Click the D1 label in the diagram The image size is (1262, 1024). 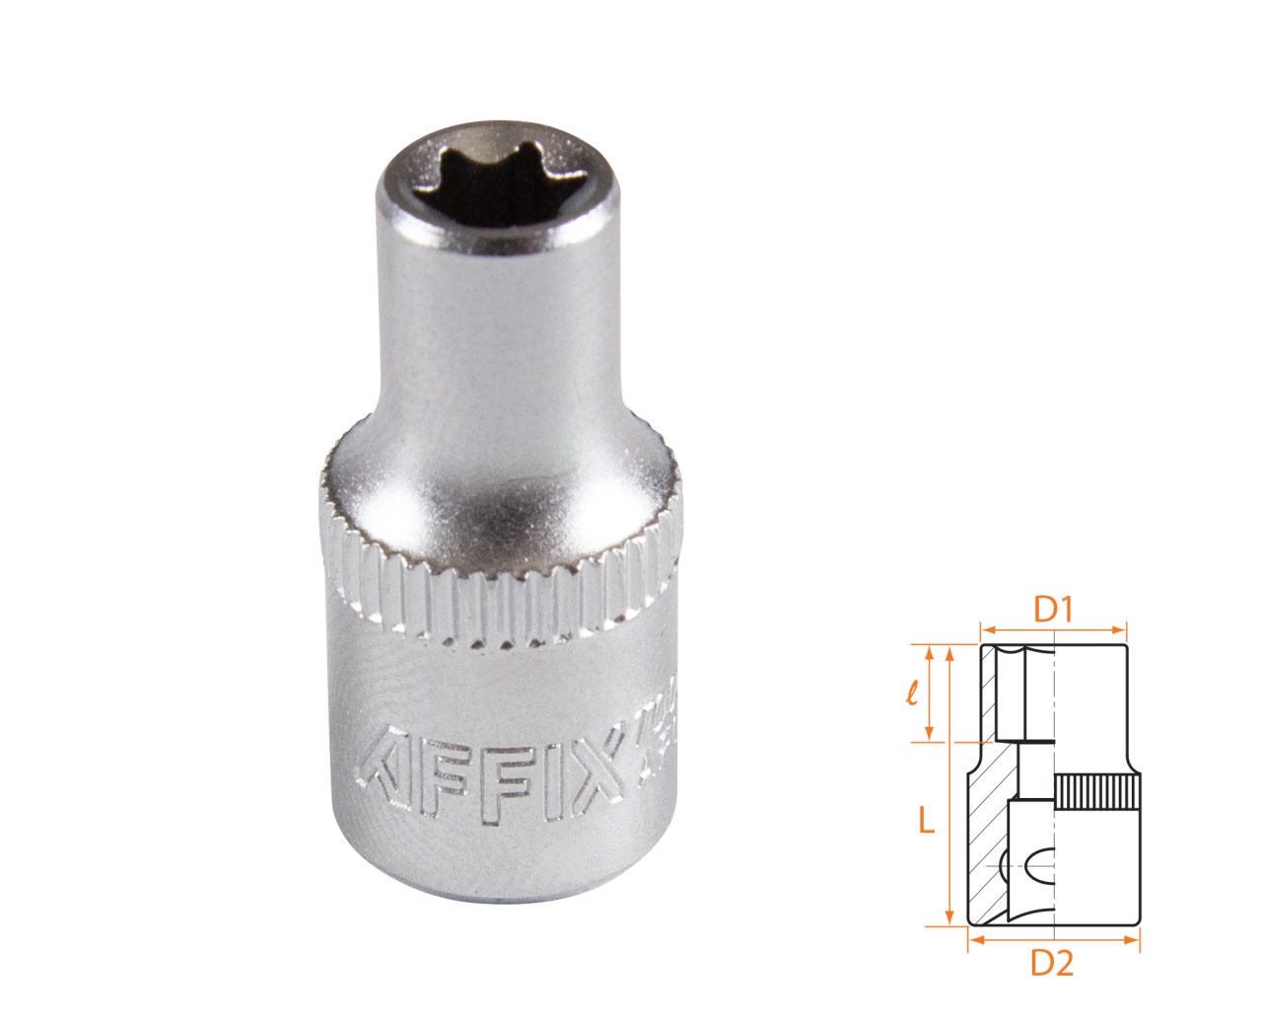point(1052,610)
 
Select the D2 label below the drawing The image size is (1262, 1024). point(1051,964)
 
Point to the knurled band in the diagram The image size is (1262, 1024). point(1096,793)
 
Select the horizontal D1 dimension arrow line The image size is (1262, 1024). point(1053,628)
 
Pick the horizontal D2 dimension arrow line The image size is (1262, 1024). point(1053,940)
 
